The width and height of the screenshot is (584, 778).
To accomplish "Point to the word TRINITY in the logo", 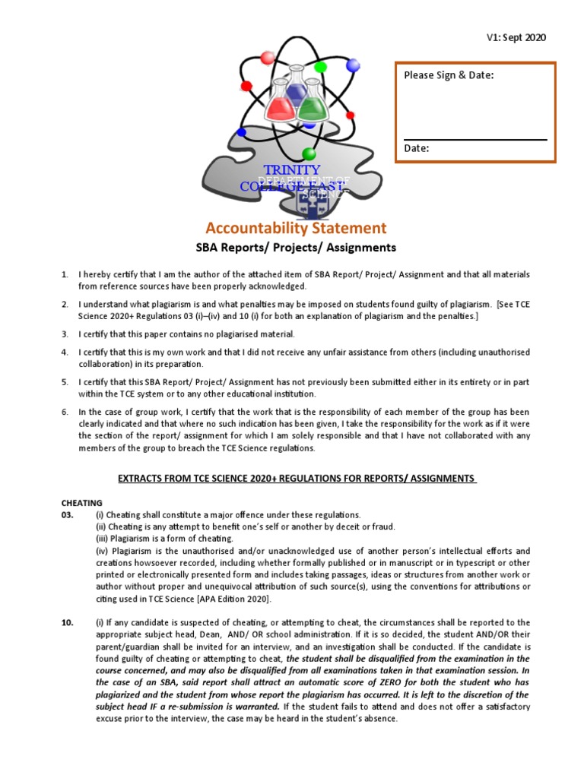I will click(x=291, y=169).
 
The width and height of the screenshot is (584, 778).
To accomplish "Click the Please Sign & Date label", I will click(x=449, y=75).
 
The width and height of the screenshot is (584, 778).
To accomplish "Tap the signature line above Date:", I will click(x=474, y=140).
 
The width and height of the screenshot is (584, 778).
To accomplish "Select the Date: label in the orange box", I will click(x=417, y=149).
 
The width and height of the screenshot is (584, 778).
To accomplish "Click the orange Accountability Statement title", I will click(x=296, y=228).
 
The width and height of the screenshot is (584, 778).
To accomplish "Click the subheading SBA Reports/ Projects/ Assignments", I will click(x=296, y=248).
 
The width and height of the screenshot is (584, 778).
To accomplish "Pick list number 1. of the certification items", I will click(x=65, y=274).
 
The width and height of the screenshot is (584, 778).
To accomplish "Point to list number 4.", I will click(x=65, y=353).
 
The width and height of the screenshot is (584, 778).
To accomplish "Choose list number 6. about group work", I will click(x=65, y=412).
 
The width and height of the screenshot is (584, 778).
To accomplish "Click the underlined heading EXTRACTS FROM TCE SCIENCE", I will click(x=296, y=478).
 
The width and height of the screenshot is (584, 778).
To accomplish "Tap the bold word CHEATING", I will click(x=82, y=503).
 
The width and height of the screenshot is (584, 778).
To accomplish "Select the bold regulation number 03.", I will click(x=68, y=515).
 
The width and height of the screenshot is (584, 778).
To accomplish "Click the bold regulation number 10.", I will click(x=68, y=622).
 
